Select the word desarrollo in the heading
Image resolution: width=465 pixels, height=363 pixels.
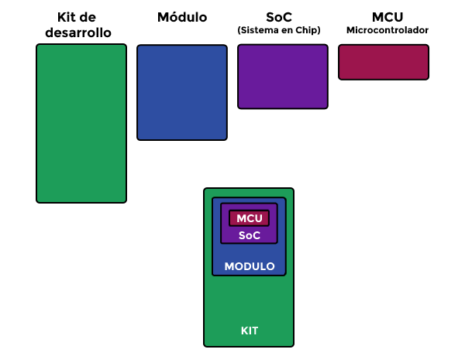point(79,33)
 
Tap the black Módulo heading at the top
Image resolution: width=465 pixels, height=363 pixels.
point(182,17)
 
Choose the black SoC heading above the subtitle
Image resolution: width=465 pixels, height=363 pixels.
point(283,17)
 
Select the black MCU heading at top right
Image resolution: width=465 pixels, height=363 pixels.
point(387,17)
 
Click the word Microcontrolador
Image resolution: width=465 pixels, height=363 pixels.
point(387,30)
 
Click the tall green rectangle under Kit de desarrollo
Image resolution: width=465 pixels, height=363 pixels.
point(81,124)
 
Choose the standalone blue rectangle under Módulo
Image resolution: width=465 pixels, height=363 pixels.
point(182,93)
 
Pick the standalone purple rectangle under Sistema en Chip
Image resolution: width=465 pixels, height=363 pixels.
point(283,76)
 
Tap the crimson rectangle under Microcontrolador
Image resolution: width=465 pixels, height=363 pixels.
point(384,62)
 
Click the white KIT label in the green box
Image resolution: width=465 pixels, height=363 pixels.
point(250,330)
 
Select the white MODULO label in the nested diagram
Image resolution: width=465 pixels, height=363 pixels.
point(250,266)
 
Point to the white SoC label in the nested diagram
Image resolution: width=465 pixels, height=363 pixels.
point(250,235)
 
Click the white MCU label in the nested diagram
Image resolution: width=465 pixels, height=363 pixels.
point(250,218)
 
